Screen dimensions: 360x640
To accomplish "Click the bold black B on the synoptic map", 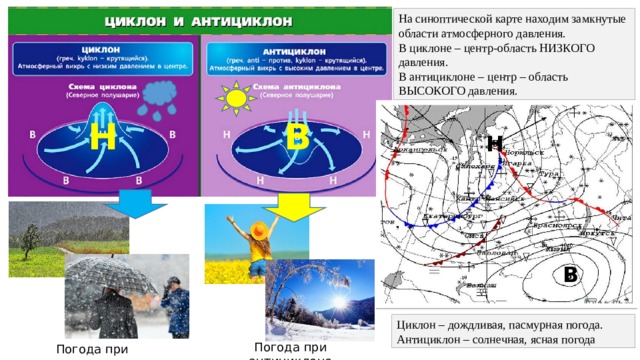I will coord(570,273).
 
